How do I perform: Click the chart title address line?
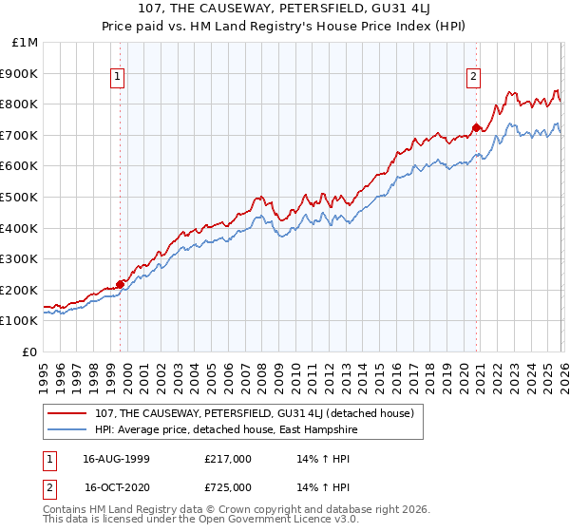point(285,10)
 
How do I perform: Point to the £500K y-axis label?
point(20,197)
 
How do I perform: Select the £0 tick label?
point(30,351)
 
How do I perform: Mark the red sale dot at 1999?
point(121,283)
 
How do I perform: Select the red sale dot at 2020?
point(477,126)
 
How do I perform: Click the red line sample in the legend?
point(68,413)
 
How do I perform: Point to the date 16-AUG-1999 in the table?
point(116,459)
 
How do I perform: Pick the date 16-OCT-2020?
point(116,486)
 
